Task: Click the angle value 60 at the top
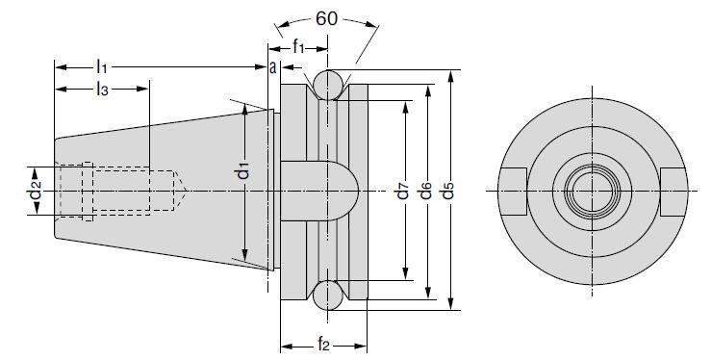[326, 19]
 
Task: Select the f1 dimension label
[298, 46]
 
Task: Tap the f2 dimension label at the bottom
[323, 345]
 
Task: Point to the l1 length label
[101, 67]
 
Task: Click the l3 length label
[102, 89]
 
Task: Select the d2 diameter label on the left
[36, 190]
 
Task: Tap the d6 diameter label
[425, 190]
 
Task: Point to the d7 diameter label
[403, 190]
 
